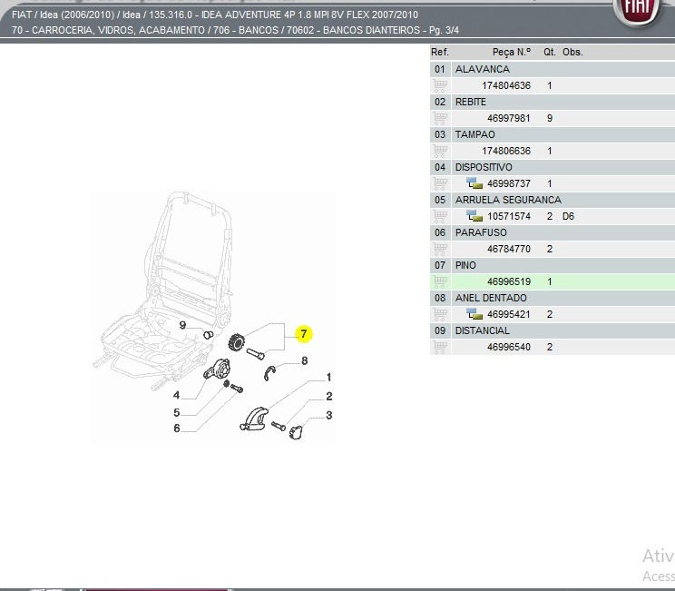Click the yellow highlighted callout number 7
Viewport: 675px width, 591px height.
[x=304, y=334]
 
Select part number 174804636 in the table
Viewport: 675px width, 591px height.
[x=506, y=85]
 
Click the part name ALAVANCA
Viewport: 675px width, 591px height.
[x=482, y=69]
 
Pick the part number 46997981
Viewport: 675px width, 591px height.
[x=508, y=118]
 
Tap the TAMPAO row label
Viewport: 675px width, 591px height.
[x=474, y=135]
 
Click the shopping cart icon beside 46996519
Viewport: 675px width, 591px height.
[x=440, y=281]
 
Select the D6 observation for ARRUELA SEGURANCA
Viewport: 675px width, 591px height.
[x=568, y=216]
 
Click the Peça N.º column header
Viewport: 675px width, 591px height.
[x=512, y=52]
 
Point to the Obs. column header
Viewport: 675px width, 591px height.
[x=572, y=52]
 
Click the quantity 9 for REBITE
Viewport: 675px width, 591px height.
[x=550, y=118]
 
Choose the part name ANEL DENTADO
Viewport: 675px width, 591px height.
[x=491, y=298]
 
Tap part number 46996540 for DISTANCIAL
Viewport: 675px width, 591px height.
[x=508, y=347]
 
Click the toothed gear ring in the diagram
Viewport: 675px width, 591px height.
[x=236, y=342]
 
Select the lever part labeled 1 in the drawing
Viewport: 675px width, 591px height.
[x=254, y=419]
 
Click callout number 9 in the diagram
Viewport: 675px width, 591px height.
[x=182, y=325]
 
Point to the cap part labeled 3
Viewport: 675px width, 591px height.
[x=296, y=431]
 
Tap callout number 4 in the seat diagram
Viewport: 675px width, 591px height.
[x=177, y=395]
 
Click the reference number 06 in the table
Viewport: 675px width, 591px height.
[x=440, y=233]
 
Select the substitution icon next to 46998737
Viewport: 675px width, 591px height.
[x=474, y=183]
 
